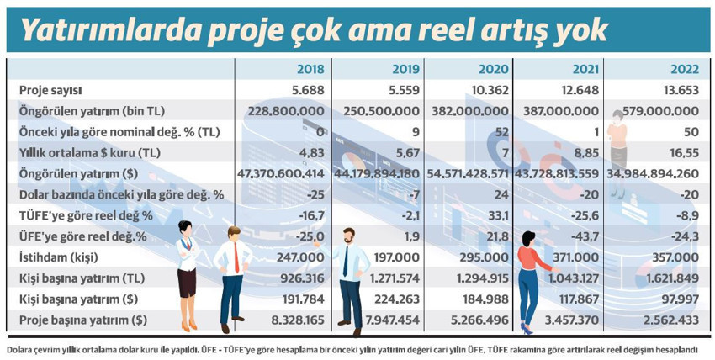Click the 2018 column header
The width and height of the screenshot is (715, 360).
coord(311,69)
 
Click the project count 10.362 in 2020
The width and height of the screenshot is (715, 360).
coord(490,90)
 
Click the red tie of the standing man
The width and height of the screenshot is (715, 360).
coord(237,261)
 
